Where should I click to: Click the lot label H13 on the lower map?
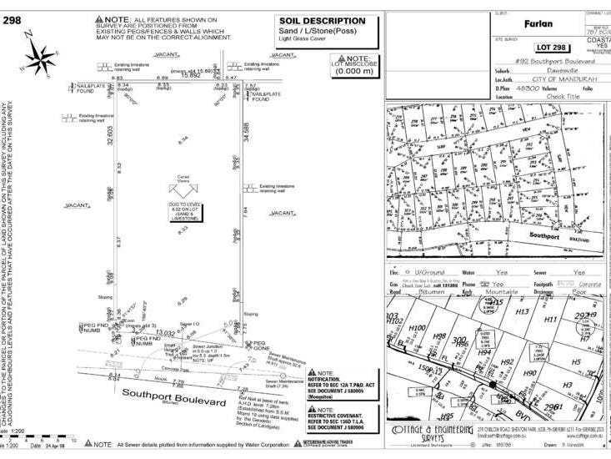click(523, 311)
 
